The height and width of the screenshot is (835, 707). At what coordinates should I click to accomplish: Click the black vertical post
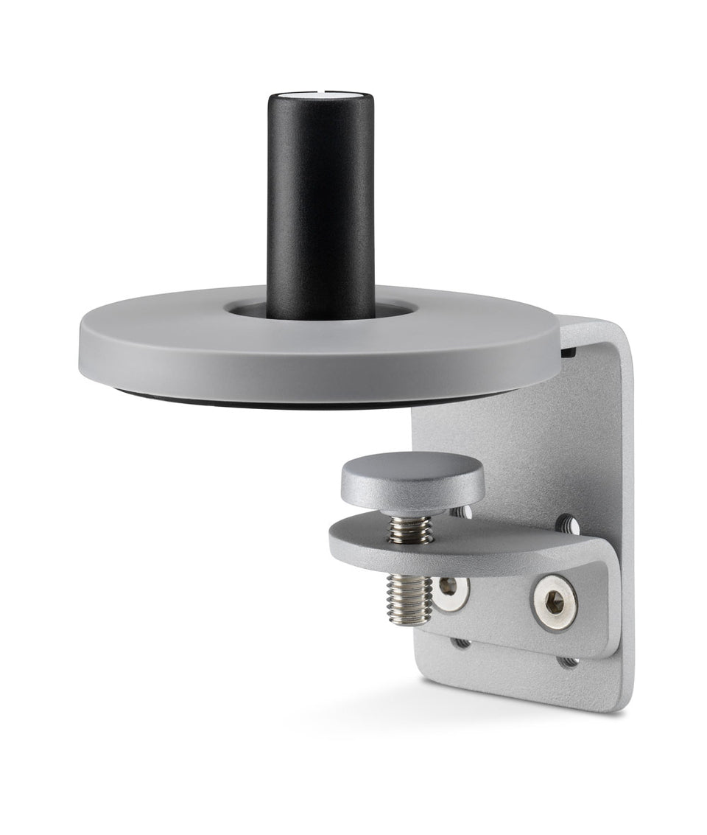pyautogui.click(x=320, y=206)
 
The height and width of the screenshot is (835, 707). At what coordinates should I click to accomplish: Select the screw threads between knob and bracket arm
pyautogui.click(x=411, y=528)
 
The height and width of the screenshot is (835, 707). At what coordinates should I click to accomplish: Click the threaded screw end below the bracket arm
pyautogui.click(x=409, y=598)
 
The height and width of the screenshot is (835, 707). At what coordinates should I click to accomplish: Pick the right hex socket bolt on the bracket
pyautogui.click(x=555, y=603)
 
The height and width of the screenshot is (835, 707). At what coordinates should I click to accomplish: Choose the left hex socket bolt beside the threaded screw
pyautogui.click(x=449, y=590)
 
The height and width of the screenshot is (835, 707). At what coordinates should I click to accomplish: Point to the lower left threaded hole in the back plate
pyautogui.click(x=461, y=642)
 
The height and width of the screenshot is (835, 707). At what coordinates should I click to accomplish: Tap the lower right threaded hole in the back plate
pyautogui.click(x=568, y=661)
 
